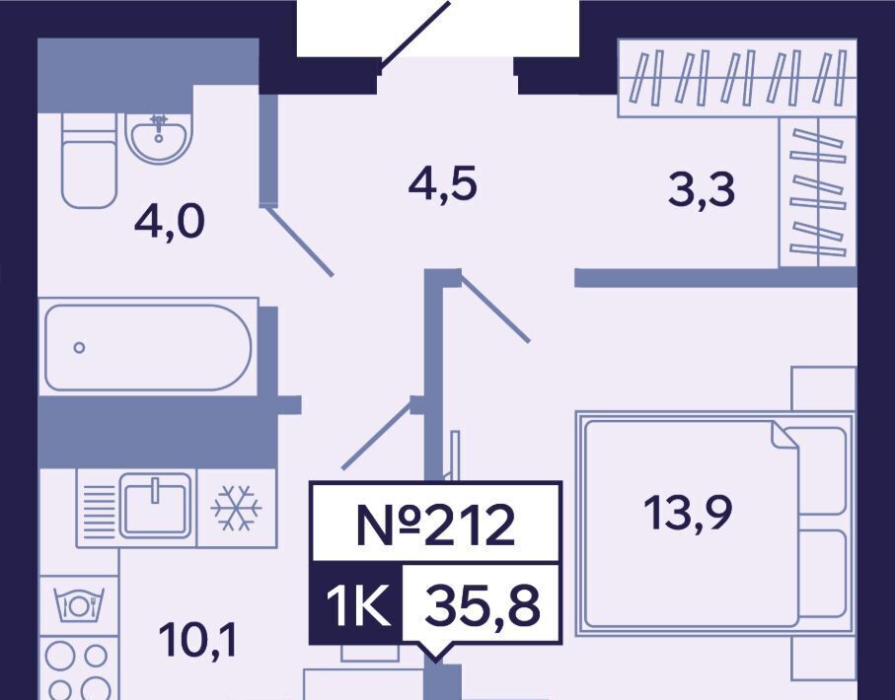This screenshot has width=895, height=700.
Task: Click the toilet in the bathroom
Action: tap(88, 163)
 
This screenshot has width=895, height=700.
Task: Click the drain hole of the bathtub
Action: tap(79, 347)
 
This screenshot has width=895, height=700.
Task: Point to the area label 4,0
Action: tap(169, 225)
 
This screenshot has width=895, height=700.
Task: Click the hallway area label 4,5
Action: tap(443, 184)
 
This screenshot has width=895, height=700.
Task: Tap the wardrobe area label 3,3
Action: tap(702, 189)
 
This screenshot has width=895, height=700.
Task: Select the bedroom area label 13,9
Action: tap(689, 514)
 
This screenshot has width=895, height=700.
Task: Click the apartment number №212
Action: tap(435, 525)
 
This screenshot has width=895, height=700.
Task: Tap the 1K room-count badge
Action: tap(356, 603)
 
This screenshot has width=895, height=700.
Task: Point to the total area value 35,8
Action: tap(482, 603)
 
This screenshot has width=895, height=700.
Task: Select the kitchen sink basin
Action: tap(156, 505)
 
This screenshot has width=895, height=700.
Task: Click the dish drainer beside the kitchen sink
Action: tap(98, 509)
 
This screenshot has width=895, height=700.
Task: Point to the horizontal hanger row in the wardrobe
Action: tap(735, 78)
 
